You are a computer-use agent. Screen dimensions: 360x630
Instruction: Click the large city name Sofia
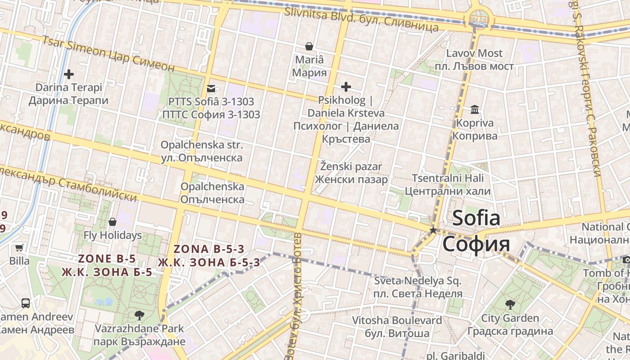[x=476, y=219]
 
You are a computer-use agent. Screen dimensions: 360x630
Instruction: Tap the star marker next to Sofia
[x=433, y=230]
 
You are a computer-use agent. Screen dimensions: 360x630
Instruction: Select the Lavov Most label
[x=474, y=53]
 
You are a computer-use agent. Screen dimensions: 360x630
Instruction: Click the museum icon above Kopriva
[x=474, y=109]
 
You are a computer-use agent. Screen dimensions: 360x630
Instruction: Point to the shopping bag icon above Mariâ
[x=309, y=46]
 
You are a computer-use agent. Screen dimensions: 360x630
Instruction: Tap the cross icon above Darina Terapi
[x=69, y=74]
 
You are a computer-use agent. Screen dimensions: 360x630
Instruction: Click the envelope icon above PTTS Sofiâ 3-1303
[x=211, y=89]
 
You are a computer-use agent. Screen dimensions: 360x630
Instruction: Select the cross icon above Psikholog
[x=346, y=86]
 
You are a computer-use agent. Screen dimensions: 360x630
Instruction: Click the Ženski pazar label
[x=351, y=167]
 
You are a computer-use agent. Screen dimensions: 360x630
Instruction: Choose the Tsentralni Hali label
[x=448, y=178]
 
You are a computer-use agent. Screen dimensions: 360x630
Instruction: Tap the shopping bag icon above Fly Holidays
[x=112, y=222]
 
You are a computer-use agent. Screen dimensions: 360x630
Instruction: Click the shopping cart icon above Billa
[x=19, y=247]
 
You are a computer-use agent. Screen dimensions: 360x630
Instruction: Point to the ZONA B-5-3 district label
[x=209, y=249]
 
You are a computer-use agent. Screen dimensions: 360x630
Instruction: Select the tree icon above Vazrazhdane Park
[x=139, y=315]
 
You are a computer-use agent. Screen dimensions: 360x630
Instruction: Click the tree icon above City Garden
[x=510, y=305]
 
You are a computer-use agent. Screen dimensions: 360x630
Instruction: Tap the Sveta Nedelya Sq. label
[x=418, y=281]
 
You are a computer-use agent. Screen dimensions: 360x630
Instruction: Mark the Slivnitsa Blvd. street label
[x=361, y=19]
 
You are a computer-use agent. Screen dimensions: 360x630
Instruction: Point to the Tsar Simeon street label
[x=108, y=53]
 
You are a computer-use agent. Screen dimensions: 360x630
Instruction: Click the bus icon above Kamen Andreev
[x=26, y=303]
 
